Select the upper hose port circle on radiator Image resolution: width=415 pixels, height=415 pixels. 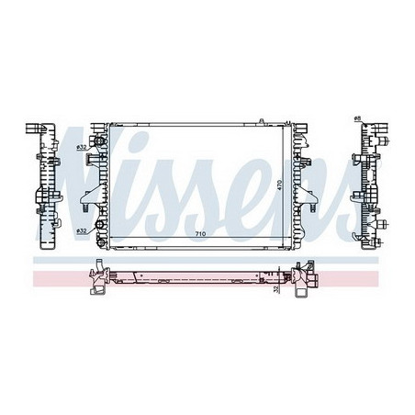(97, 147)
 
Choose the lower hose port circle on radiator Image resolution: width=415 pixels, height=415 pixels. (97, 230)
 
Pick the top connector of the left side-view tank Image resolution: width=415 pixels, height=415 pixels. (36, 128)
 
